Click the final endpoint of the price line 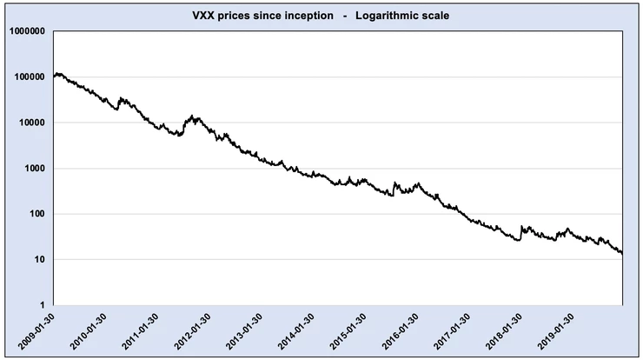(622, 253)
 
